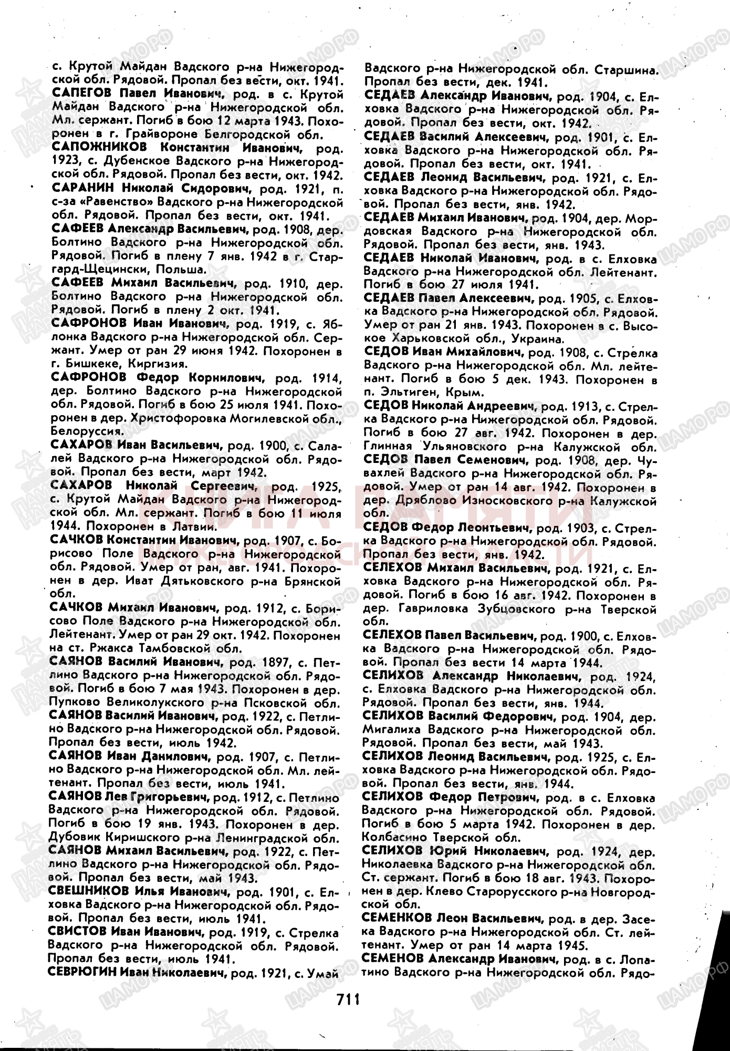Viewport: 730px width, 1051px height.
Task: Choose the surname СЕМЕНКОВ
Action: (x=397, y=918)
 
